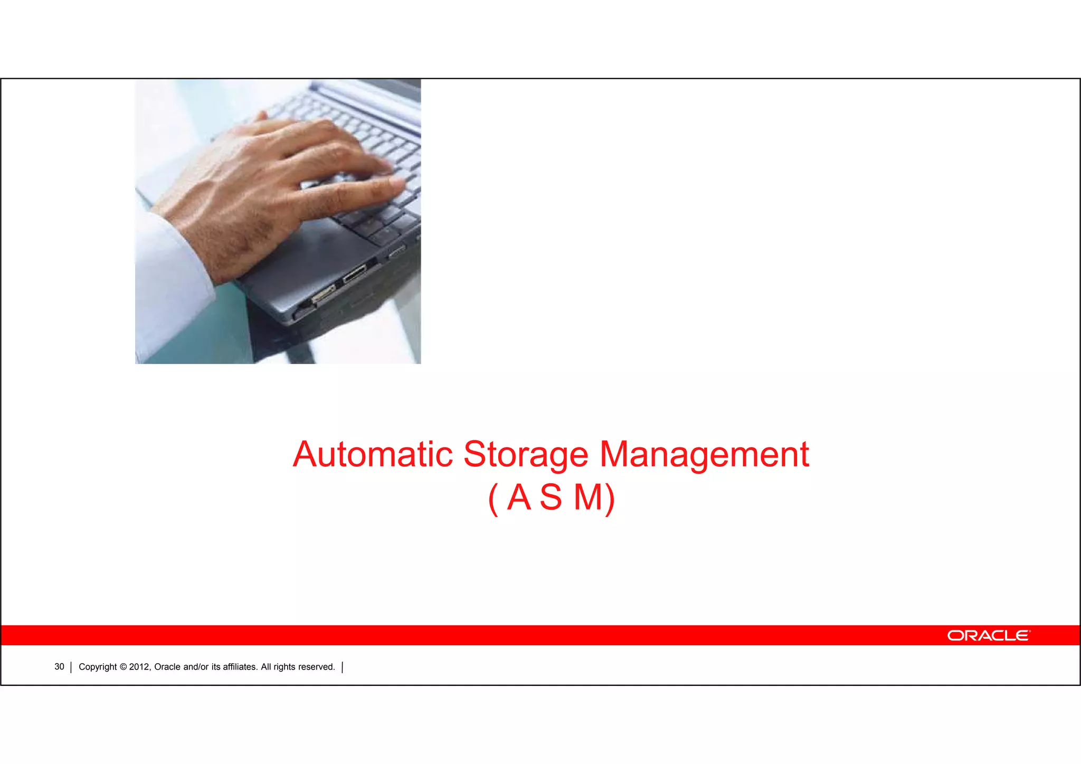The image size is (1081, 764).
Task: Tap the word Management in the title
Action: pos(704,455)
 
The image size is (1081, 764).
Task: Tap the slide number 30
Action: pos(59,667)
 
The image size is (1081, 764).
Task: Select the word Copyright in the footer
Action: pos(98,667)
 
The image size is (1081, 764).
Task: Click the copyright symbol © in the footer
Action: pos(123,667)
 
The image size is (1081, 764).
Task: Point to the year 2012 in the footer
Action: pos(139,667)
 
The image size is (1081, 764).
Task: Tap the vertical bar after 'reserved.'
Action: pos(343,667)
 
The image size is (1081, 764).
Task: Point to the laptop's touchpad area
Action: pos(311,248)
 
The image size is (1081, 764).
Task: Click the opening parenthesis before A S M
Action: pos(493,498)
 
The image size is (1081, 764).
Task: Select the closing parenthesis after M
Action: pos(610,498)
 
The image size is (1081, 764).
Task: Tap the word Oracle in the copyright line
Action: pos(167,667)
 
